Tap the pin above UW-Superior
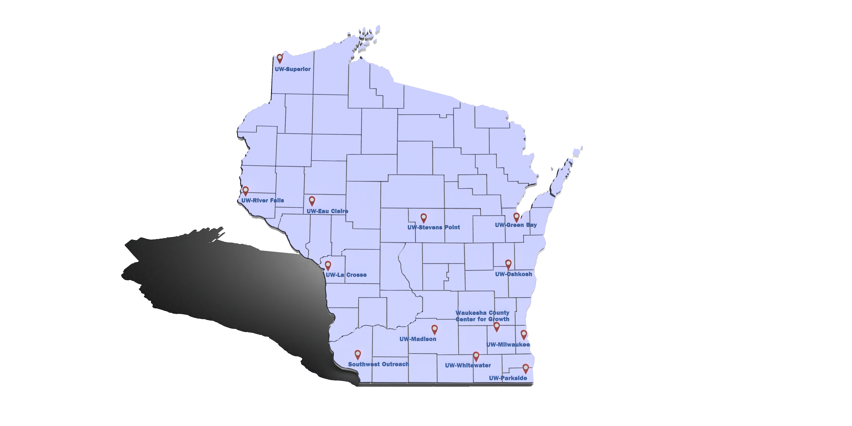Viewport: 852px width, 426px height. (280, 58)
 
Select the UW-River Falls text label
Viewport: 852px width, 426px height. (262, 200)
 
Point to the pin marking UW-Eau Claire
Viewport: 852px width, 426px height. (312, 200)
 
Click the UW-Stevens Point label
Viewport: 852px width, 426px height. (433, 227)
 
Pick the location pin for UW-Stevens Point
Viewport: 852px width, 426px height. (424, 218)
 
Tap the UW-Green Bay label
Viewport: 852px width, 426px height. (516, 225)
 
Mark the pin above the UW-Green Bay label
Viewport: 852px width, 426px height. (516, 217)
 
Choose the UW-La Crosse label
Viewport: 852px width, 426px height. (346, 275)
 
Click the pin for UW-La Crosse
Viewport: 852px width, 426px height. (328, 265)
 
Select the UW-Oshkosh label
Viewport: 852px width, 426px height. (513, 274)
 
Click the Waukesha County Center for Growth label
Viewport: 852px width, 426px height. (482, 316)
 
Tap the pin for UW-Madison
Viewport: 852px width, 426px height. (435, 329)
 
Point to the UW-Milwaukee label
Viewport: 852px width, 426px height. (508, 345)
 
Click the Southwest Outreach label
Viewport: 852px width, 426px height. (378, 364)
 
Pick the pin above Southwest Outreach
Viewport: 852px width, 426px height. (358, 355)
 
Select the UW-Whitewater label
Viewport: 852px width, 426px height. (468, 365)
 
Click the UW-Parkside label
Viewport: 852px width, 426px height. (508, 378)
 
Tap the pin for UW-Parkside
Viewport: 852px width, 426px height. (526, 368)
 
